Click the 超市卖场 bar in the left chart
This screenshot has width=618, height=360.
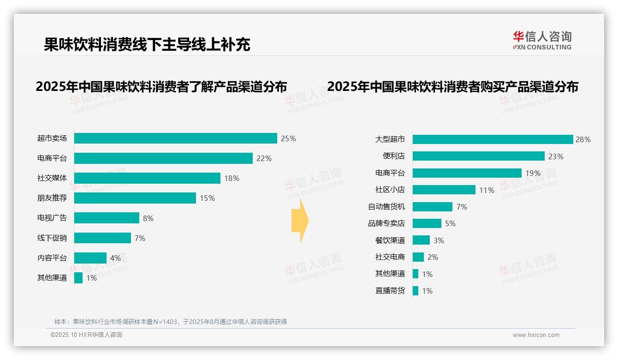point(175,138)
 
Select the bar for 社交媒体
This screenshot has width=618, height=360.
point(147,178)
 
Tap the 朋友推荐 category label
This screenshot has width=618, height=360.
point(52,198)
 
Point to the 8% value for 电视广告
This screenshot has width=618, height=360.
point(148,218)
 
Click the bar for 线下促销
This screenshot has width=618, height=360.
point(102,238)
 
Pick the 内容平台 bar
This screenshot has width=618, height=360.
point(90,258)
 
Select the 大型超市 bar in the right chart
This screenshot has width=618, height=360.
point(493,139)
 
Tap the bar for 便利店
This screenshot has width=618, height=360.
point(478,156)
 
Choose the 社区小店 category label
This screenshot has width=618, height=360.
point(390,190)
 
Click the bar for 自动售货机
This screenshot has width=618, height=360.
point(432,207)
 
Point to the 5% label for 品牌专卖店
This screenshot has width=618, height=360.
point(450,223)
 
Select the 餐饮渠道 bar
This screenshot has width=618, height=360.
point(421,240)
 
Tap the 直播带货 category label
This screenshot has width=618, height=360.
point(390,291)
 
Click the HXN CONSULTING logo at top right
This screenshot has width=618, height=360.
point(542,40)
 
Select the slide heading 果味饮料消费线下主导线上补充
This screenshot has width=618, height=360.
point(147,44)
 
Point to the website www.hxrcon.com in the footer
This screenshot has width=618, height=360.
point(536,335)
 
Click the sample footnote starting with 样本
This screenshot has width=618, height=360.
point(171,322)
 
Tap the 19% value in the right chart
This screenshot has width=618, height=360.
point(533,173)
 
